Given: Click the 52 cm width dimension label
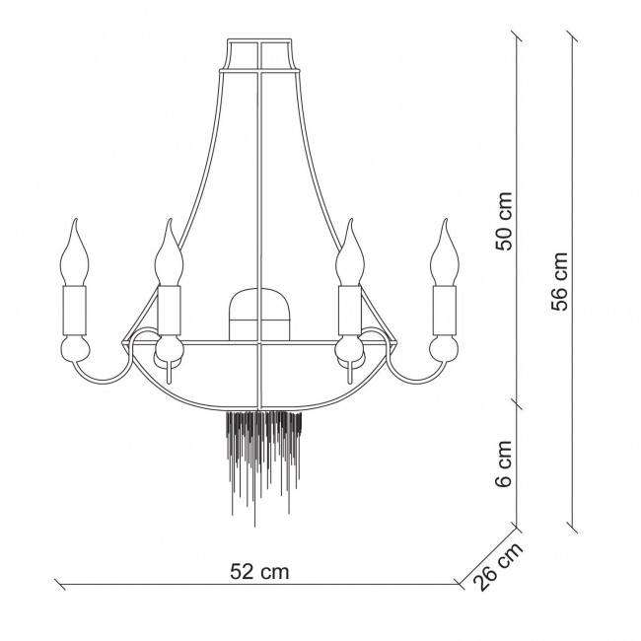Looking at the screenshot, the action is (259, 571).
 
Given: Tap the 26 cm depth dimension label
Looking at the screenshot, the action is (497, 567).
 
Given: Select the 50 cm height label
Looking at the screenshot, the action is (504, 221).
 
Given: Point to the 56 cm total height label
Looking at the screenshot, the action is (560, 281).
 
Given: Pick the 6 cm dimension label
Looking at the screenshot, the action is (504, 463).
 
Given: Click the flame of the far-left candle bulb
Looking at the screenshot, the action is (74, 252).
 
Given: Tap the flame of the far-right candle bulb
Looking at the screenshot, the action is (445, 252).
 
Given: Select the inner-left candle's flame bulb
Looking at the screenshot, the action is (169, 252).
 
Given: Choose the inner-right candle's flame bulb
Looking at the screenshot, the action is (350, 252).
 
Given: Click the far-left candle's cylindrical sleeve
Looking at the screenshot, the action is (74, 310).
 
